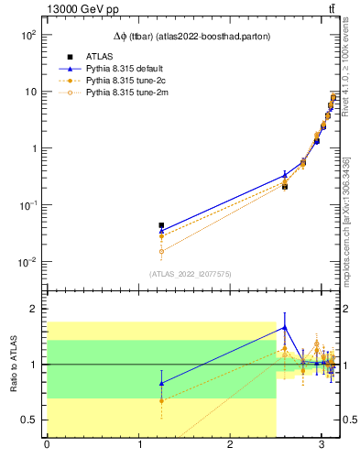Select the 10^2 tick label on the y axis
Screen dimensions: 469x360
coord(27,35)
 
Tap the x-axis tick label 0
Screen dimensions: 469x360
coord(47,446)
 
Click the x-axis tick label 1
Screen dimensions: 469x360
coord(138,446)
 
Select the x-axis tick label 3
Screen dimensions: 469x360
coord(322,446)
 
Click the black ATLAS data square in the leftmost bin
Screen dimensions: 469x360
coord(161,225)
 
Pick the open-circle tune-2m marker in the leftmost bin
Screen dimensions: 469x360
coord(161,251)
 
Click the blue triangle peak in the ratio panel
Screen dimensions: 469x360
coord(285,327)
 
